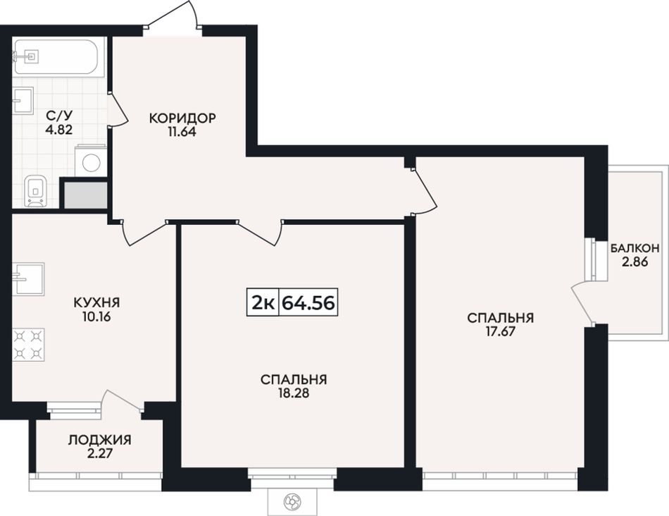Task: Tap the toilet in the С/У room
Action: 35,190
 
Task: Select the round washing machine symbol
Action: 92,163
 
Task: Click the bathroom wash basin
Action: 23,100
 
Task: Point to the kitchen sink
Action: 28,278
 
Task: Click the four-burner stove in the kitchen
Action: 28,344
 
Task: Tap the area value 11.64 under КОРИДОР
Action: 182,132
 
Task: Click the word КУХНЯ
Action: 97,303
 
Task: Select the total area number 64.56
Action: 308,302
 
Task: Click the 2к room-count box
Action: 263,302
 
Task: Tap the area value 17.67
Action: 501,331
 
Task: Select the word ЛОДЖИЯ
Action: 100,440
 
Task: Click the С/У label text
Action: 59,115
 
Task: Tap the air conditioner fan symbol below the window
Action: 293,500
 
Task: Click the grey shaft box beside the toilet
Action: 85,195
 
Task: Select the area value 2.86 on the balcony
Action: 635,262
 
